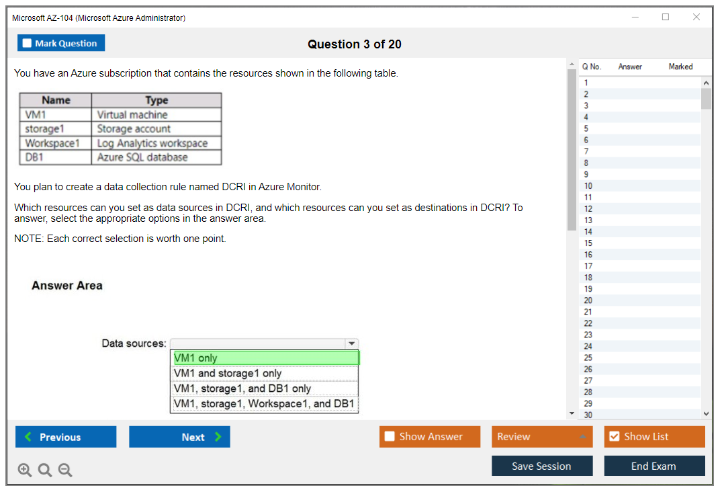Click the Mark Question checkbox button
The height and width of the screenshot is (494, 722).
(x=61, y=43)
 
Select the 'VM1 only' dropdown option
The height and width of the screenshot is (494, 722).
(x=265, y=358)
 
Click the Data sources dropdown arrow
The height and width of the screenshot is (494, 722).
(x=351, y=343)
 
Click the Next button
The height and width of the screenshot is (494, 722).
(x=179, y=437)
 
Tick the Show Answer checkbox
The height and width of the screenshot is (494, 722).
(x=390, y=437)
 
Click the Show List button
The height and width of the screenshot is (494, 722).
(x=654, y=437)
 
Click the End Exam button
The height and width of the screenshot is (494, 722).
(x=654, y=466)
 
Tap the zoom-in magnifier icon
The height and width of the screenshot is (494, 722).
(x=25, y=470)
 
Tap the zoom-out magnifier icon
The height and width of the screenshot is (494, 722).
(x=65, y=470)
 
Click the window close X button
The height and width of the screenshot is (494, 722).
(x=696, y=17)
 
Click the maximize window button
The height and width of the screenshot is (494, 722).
(x=666, y=17)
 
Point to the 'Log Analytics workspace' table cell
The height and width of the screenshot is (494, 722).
(x=156, y=143)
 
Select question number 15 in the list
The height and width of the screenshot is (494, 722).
(x=588, y=243)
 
